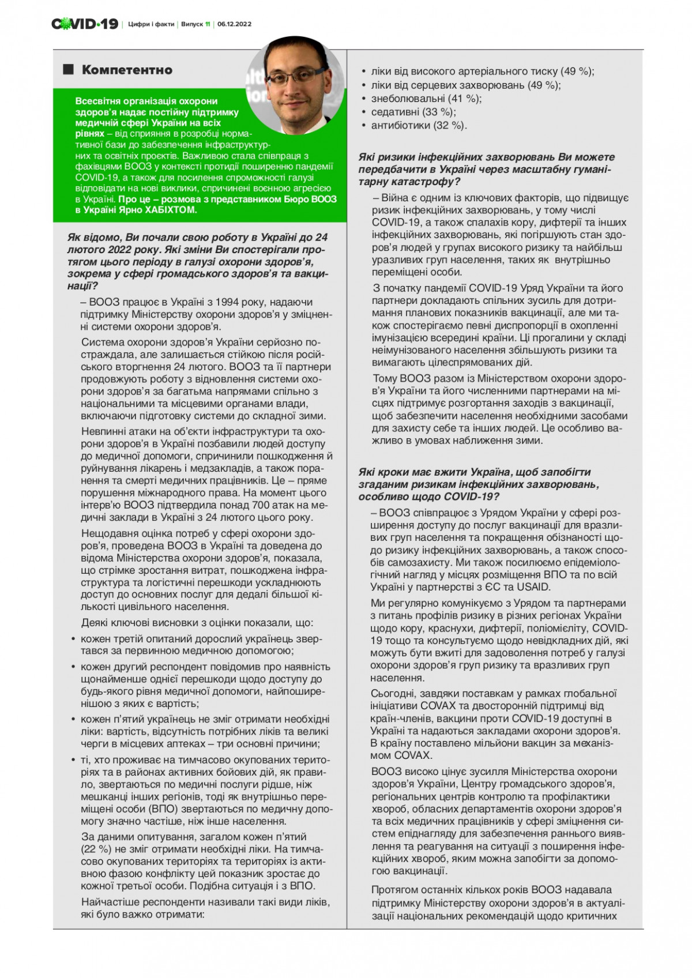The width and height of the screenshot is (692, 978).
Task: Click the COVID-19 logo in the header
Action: pyautogui.click(x=85, y=24)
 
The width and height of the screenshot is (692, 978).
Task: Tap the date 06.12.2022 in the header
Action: pyautogui.click(x=234, y=24)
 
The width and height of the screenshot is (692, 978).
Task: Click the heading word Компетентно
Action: pyautogui.click(x=127, y=70)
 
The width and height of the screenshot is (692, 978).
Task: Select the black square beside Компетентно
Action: pyautogui.click(x=69, y=70)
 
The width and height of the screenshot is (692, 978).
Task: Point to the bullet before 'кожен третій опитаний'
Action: pyautogui.click(x=73, y=640)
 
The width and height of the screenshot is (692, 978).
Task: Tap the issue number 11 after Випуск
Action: pyautogui.click(x=208, y=24)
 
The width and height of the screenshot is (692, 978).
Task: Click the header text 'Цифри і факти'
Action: pyautogui.click(x=150, y=24)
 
